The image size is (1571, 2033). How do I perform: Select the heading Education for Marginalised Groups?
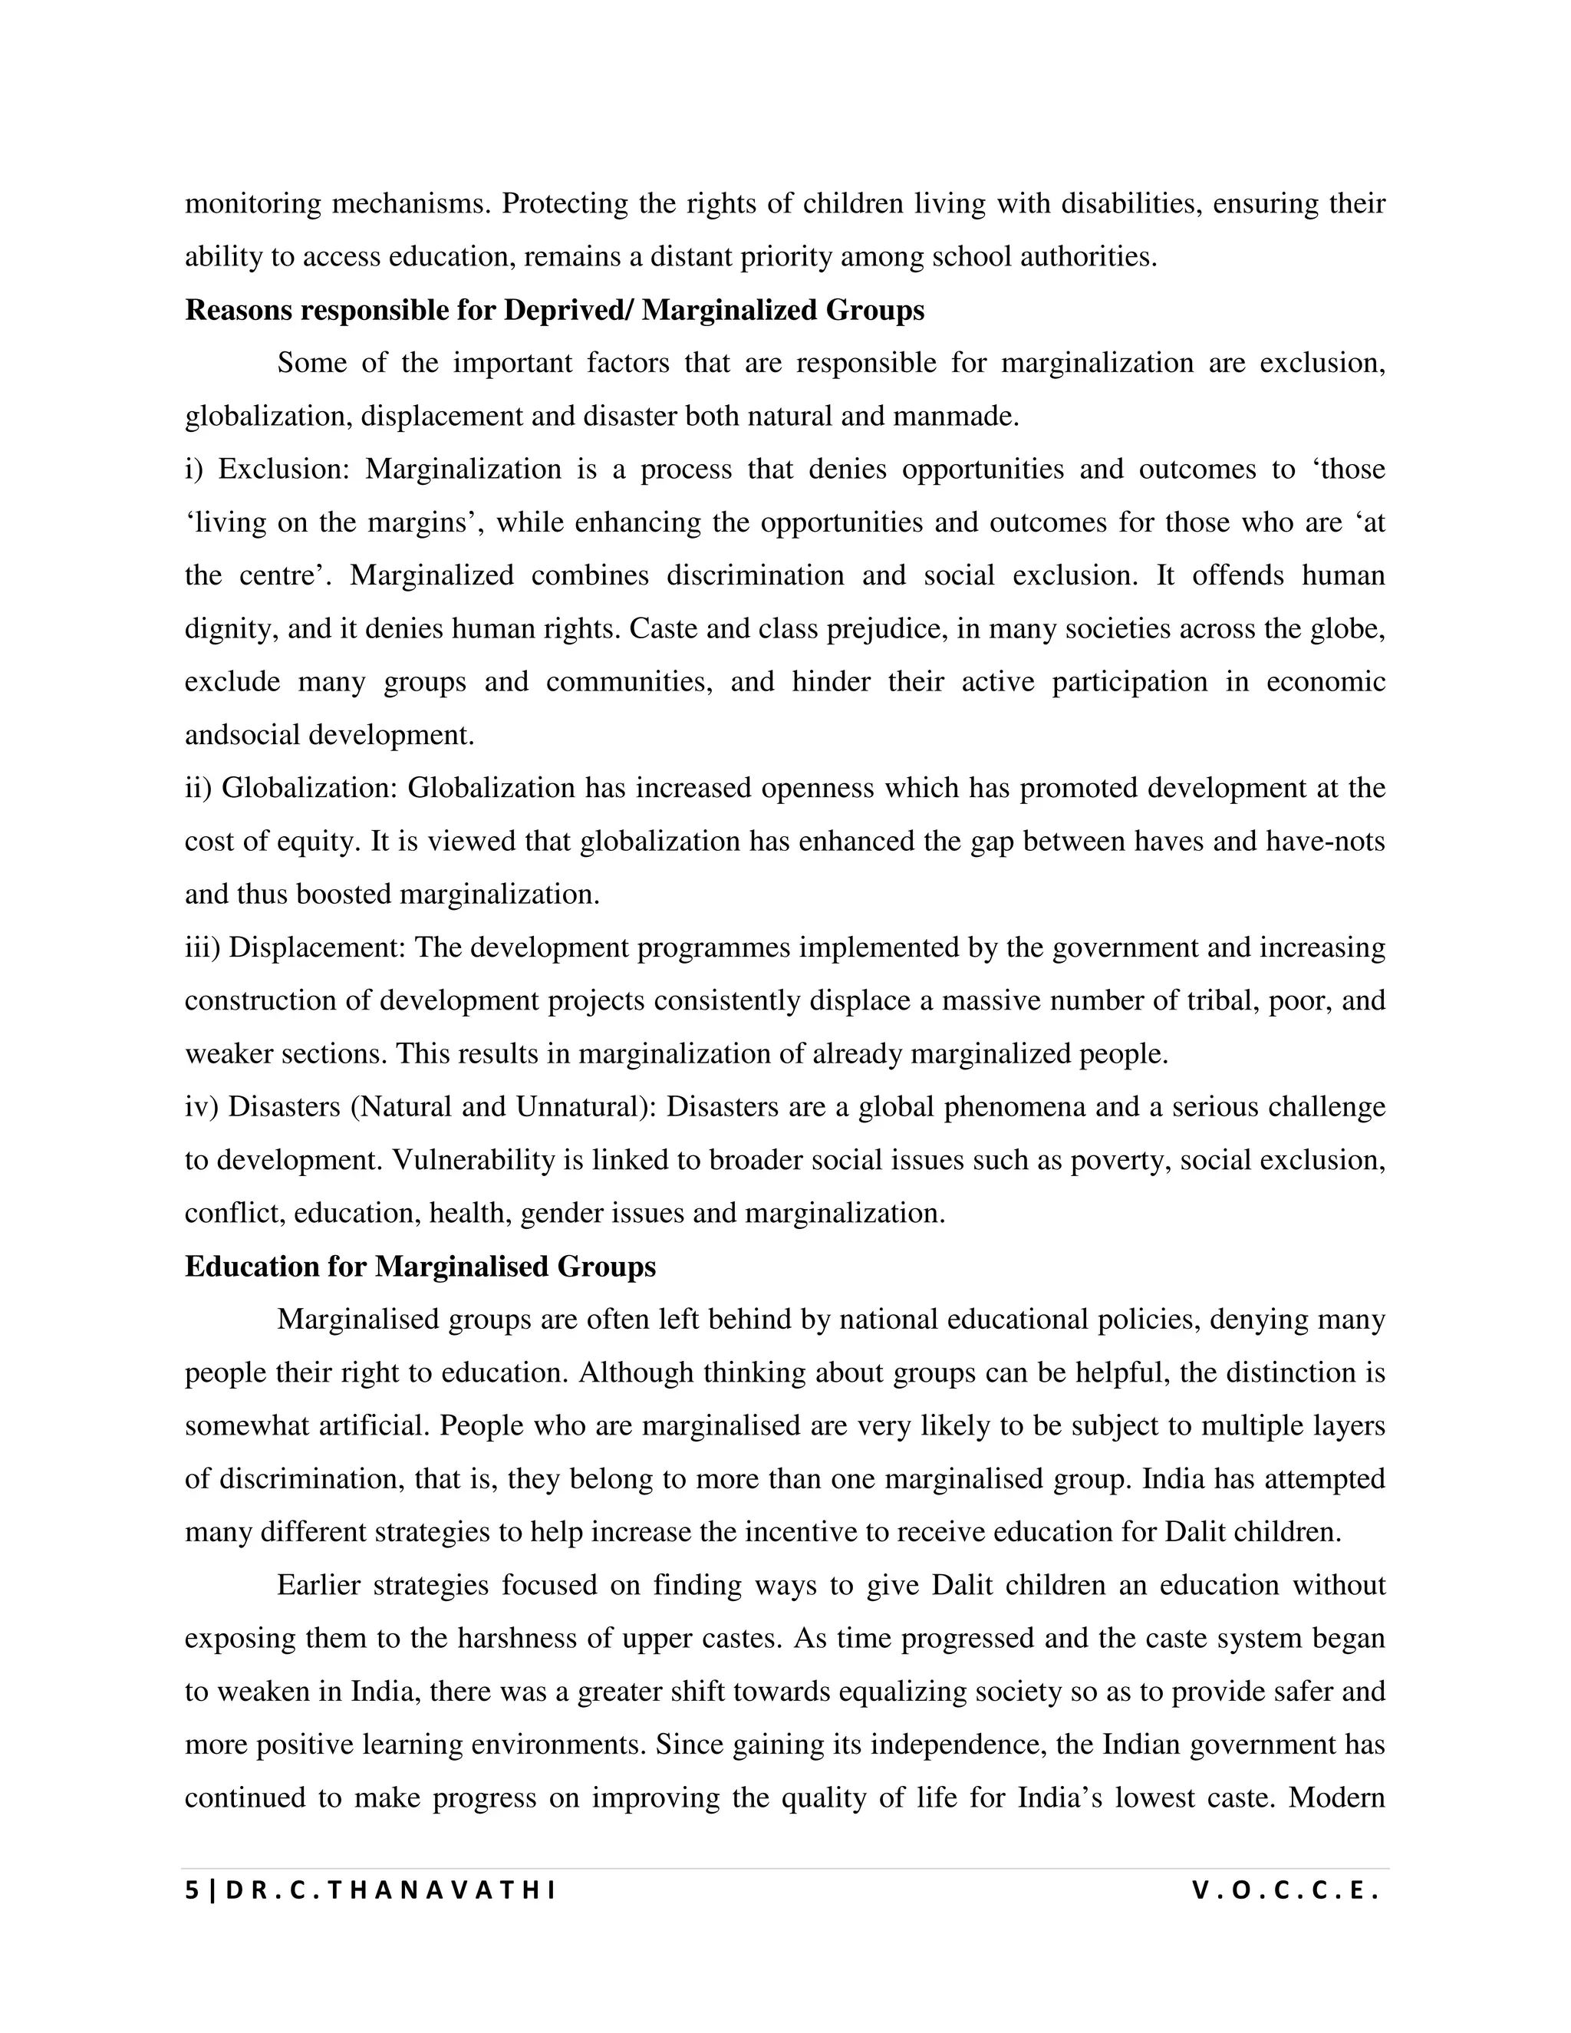tap(420, 1267)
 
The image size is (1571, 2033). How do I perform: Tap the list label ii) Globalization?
tap(291, 789)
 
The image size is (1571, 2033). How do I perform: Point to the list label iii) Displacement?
tap(295, 947)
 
